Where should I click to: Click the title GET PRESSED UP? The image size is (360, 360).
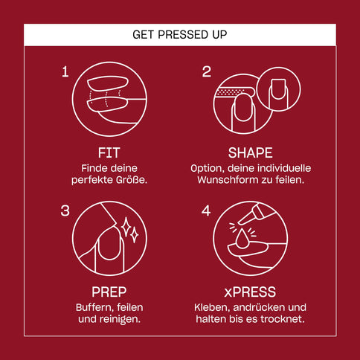[x=179, y=34]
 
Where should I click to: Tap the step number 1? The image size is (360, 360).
[x=65, y=71]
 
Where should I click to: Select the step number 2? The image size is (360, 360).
[x=207, y=71]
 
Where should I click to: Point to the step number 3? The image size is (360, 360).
[x=65, y=210]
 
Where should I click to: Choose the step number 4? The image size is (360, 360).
[x=207, y=210]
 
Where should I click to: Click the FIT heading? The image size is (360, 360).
[x=109, y=152]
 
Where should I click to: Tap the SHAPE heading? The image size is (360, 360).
[x=251, y=152]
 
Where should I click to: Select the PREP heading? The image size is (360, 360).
[x=109, y=292]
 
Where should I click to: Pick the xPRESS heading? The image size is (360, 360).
[x=251, y=292]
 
